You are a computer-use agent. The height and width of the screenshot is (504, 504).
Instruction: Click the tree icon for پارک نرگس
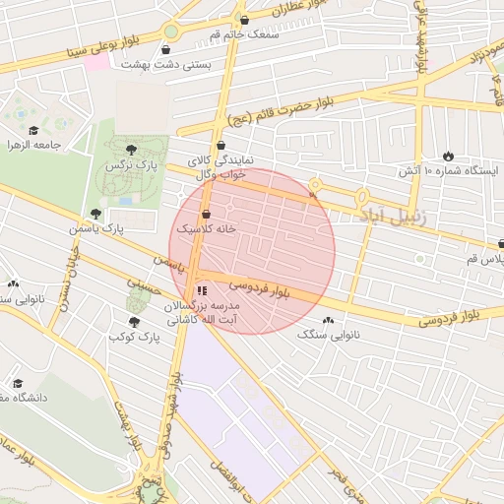[131, 149]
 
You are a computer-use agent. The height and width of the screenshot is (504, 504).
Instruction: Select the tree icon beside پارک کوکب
[134, 322]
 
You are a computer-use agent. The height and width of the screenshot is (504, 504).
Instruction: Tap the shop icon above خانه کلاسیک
[206, 214]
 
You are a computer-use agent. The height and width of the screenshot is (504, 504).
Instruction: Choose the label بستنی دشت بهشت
[162, 64]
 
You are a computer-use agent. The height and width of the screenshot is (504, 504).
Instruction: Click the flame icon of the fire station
[448, 156]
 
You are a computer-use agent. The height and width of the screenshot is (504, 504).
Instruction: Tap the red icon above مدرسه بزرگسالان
[202, 290]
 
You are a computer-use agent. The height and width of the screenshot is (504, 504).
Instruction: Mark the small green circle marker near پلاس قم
[419, 259]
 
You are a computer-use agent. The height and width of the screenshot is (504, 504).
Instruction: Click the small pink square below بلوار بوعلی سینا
[96, 61]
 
